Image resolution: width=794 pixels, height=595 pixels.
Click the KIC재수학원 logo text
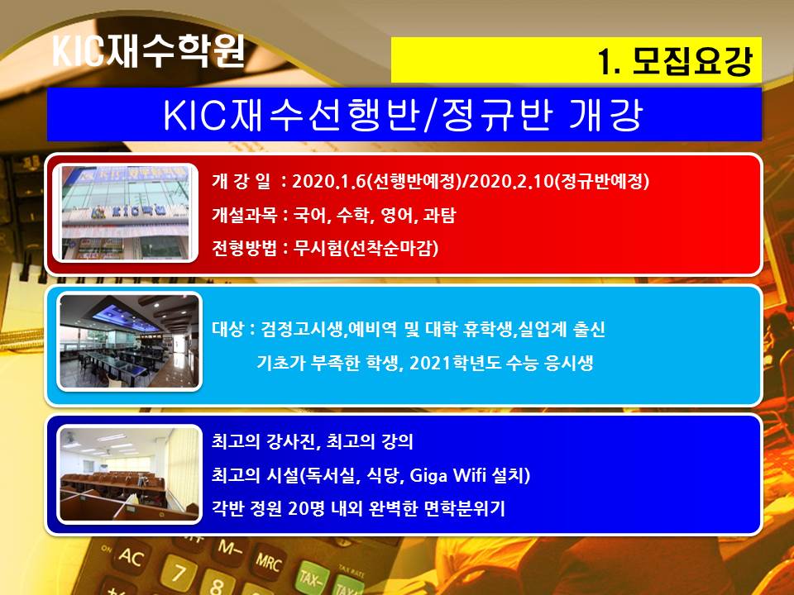pyautogui.click(x=149, y=50)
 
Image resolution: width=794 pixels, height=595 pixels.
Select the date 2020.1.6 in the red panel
pyautogui.click(x=328, y=181)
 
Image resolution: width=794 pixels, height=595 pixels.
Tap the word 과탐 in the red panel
pyautogui.click(x=439, y=215)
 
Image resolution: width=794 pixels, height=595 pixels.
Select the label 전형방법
pyautogui.click(x=244, y=248)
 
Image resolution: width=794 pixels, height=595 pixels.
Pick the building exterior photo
pyautogui.click(x=126, y=212)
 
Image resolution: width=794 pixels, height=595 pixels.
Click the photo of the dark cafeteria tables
pyautogui.click(x=130, y=341)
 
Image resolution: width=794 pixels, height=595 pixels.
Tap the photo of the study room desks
pyautogui.click(x=130, y=474)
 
